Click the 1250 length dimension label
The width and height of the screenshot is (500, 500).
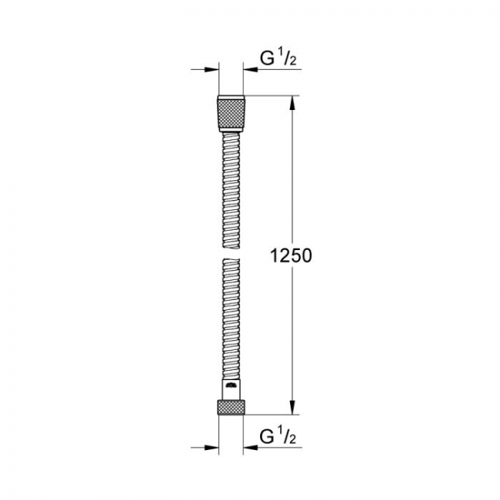[x=291, y=255]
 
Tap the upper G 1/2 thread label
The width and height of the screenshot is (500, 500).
[x=278, y=58]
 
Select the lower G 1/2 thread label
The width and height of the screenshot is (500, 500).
[x=278, y=436]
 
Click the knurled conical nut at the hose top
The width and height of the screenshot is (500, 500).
[x=231, y=113]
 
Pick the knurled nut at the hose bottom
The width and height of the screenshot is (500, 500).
[x=231, y=407]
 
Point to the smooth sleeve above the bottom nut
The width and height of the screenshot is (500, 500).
[x=231, y=389]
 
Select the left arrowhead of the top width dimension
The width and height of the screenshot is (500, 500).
[x=212, y=69]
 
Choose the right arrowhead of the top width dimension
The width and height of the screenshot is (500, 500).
[x=250, y=69]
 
